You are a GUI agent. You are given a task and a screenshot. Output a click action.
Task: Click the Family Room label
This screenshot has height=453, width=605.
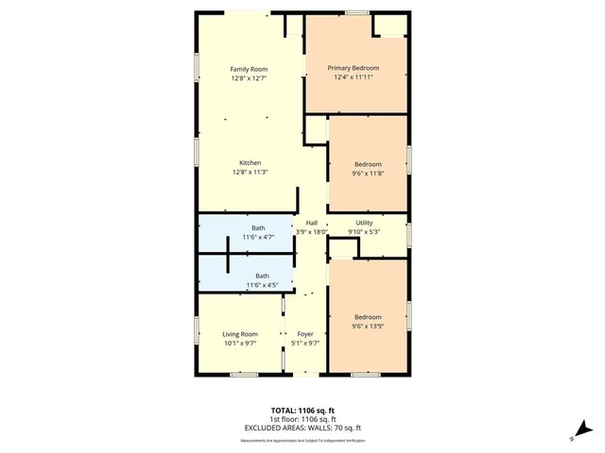pyautogui.click(x=251, y=69)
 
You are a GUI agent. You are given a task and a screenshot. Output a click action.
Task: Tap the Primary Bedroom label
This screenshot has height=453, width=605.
pyautogui.click(x=354, y=68)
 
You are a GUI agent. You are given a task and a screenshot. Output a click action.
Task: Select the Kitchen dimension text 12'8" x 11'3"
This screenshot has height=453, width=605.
pyautogui.click(x=251, y=172)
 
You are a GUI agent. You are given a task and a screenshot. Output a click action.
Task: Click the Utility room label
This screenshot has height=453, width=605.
pyautogui.click(x=364, y=222)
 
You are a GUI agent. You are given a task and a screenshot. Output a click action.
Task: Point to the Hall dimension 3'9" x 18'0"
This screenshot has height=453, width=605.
pyautogui.click(x=312, y=231)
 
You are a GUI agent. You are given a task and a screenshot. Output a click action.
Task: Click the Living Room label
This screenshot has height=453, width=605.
pyautogui.click(x=240, y=334)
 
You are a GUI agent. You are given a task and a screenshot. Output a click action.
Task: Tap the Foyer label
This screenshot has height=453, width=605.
pyautogui.click(x=305, y=334)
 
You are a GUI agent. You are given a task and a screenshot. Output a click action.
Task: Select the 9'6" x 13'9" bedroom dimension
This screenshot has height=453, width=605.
pyautogui.click(x=368, y=326)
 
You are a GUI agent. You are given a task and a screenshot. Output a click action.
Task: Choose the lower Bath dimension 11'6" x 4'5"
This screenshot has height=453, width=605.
pyautogui.click(x=262, y=285)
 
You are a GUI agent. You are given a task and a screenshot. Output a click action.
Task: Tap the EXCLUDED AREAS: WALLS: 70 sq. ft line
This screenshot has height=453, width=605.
pyautogui.click(x=302, y=428)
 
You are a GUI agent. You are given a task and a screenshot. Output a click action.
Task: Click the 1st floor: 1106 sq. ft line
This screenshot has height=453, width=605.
pyautogui.click(x=302, y=420)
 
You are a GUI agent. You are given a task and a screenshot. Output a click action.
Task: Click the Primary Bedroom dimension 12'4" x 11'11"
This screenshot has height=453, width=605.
pyautogui.click(x=354, y=77)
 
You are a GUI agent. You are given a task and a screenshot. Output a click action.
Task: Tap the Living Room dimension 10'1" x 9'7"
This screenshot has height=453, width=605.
pyautogui.click(x=240, y=344)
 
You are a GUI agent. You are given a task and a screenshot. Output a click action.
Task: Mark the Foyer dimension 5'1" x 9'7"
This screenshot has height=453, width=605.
pyautogui.click(x=305, y=344)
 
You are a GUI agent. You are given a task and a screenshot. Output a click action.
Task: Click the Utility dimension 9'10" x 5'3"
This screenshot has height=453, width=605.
pyautogui.click(x=364, y=231)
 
